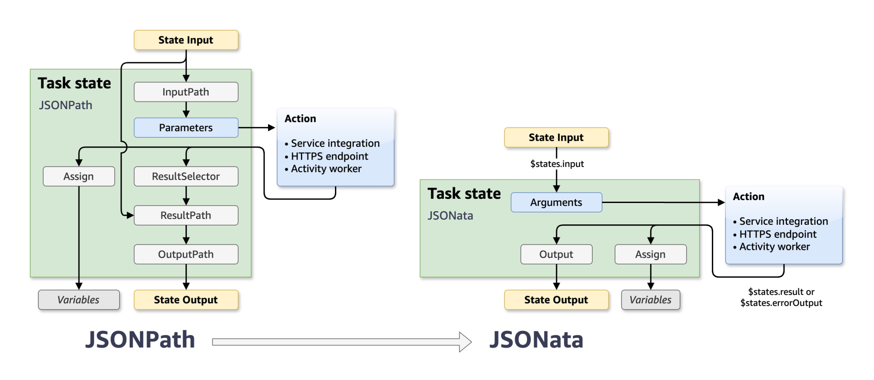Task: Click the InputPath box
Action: pyautogui.click(x=186, y=92)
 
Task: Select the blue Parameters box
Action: pyautogui.click(x=186, y=128)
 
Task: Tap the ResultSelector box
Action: pyautogui.click(x=186, y=176)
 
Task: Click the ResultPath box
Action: pyautogui.click(x=186, y=215)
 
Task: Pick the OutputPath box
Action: pyautogui.click(x=186, y=254)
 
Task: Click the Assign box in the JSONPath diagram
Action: pyautogui.click(x=79, y=176)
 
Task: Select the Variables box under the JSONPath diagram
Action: pyautogui.click(x=79, y=300)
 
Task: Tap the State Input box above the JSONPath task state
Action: pyautogui.click(x=186, y=40)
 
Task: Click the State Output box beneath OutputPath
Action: pyautogui.click(x=186, y=300)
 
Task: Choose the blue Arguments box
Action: pyautogui.click(x=556, y=202)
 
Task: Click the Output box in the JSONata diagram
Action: pyautogui.click(x=556, y=254)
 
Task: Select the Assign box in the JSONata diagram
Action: pyautogui.click(x=650, y=254)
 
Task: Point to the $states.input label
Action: pyautogui.click(x=557, y=164)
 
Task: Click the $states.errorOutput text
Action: pyautogui.click(x=781, y=303)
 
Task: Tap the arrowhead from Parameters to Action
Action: pyautogui.click(x=271, y=128)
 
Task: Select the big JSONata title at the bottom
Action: pyautogui.click(x=536, y=340)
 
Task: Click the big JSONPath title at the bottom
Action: pyautogui.click(x=140, y=340)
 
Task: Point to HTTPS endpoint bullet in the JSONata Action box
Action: pyautogui.click(x=778, y=234)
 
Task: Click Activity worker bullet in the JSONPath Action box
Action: pyautogui.click(x=326, y=169)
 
